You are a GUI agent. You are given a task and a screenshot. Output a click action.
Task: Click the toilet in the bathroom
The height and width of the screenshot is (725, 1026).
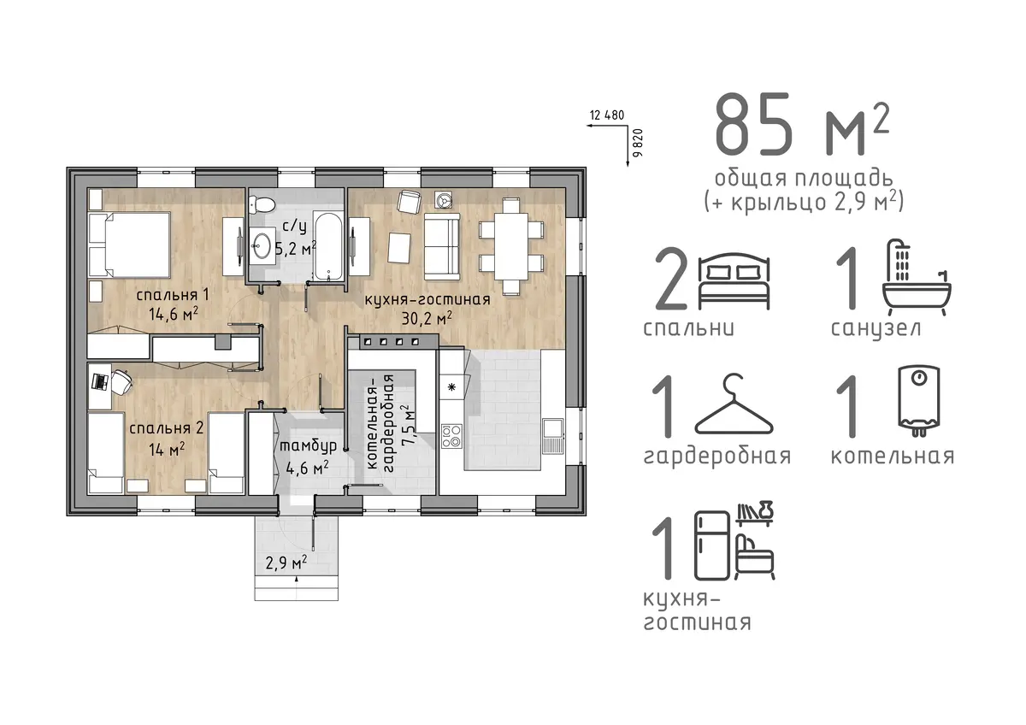coord(261,203)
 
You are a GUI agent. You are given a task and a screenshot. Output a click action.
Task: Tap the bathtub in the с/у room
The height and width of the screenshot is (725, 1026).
coord(328,245)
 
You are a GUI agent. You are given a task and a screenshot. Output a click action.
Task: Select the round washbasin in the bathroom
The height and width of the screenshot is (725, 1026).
coord(262,246)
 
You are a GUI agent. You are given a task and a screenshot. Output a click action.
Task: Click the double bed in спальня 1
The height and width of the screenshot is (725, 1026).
coord(130,245)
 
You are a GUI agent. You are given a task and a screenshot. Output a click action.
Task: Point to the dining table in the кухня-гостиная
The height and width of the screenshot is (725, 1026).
coord(511,245)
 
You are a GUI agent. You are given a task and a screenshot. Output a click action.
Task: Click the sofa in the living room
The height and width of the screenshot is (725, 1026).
coord(441,246)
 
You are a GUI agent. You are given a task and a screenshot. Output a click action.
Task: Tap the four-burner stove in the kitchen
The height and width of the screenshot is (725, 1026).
coord(451,436)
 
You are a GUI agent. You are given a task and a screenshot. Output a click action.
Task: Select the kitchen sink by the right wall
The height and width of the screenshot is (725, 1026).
coord(554,435)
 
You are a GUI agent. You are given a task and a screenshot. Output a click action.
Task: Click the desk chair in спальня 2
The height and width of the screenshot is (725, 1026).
coord(121,381)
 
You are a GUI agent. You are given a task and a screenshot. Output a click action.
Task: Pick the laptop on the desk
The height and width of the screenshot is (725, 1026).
coord(99,381)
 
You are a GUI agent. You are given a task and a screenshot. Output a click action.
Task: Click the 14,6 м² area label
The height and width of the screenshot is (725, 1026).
coord(173,314)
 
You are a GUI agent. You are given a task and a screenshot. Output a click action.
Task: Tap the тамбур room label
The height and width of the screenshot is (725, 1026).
coord(308,445)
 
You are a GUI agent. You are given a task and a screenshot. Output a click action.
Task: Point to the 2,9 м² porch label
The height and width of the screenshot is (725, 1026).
coord(286,562)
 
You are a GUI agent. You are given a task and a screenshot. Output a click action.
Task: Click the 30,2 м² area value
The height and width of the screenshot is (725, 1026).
coord(427,318)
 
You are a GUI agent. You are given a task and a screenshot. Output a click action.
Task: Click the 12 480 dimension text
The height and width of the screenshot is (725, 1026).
coord(607,115)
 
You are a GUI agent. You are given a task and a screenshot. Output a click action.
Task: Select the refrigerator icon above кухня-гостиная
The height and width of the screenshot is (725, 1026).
coord(712,545)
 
